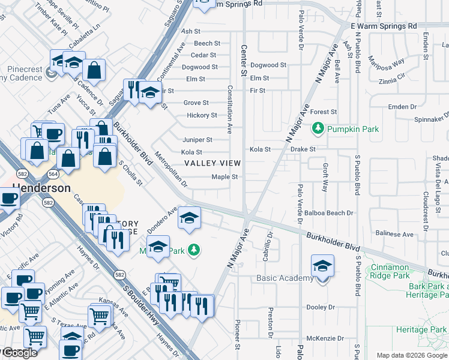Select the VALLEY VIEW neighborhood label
coord(212,163)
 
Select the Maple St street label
coord(225,177)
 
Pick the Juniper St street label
coord(197,140)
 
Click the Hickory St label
coord(202,115)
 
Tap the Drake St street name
coord(303,149)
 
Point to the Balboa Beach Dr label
coord(329,213)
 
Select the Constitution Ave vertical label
coord(229,109)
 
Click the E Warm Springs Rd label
coord(384,26)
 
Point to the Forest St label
coord(324,112)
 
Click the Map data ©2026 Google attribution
coord(411,355)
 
